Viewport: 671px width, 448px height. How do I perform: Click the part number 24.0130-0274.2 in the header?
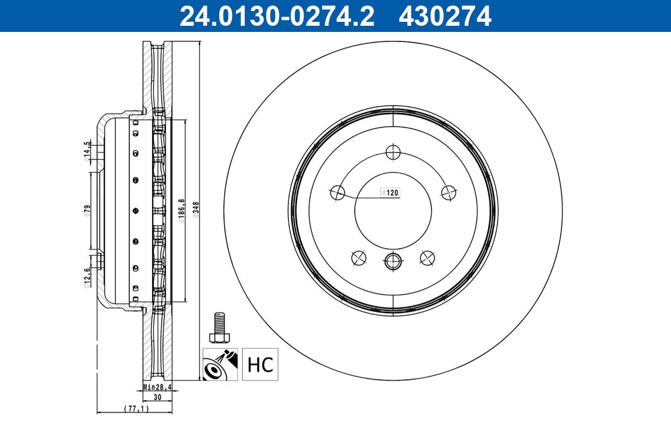(276, 16)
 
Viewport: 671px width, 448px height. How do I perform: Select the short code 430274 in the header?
(445, 16)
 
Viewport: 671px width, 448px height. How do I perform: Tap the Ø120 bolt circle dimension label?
(390, 193)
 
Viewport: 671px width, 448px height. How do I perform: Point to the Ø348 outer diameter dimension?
(196, 209)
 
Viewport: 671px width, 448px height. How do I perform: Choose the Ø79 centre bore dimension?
(87, 211)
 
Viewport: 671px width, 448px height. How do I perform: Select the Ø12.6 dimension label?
(87, 277)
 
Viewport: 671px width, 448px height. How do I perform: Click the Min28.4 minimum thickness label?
(157, 387)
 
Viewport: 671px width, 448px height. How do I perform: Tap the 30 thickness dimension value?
(157, 397)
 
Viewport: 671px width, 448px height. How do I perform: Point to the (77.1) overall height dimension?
(135, 409)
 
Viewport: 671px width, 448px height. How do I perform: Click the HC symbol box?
(260, 365)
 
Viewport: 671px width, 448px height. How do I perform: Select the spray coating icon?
(220, 365)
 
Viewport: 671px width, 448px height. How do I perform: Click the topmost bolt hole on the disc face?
(394, 152)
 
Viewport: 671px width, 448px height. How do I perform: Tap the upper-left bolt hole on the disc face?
(337, 192)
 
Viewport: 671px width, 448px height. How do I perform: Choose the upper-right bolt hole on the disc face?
(448, 193)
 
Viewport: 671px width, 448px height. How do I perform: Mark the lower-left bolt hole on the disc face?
(358, 257)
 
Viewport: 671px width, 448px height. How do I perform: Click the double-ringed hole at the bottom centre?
(393, 260)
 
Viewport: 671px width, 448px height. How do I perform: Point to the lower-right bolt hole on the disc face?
(428, 257)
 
